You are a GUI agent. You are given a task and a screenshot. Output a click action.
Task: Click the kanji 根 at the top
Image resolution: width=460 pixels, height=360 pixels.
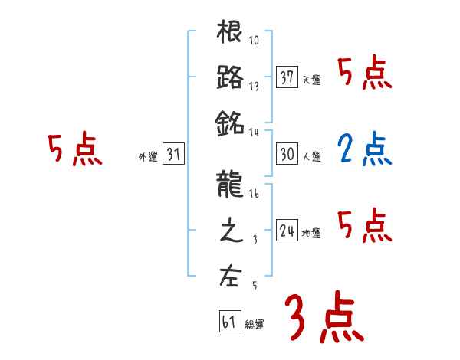230,34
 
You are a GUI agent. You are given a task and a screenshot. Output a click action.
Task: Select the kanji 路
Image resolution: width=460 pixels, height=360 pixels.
230,77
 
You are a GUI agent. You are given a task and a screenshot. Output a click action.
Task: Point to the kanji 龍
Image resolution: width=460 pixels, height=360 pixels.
230,186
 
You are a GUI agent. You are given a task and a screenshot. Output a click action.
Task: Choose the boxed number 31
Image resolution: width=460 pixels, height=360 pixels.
173,154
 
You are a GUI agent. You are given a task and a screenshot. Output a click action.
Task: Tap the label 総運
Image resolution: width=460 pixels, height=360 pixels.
255,325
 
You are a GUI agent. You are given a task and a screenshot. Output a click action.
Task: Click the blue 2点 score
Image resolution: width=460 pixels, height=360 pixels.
365,150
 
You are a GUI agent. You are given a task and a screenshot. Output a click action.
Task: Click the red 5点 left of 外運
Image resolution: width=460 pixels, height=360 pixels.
75,150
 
